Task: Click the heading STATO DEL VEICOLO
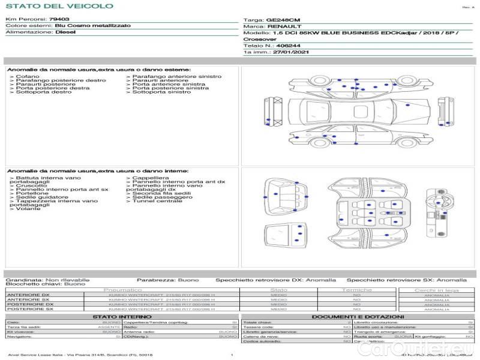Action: tap(59, 6)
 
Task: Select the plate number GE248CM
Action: tap(283, 20)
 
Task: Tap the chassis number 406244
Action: tap(289, 45)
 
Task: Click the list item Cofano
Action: tap(28, 77)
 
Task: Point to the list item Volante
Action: tap(28, 208)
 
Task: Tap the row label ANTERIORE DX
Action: tap(28, 295)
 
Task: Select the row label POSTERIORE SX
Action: tap(29, 310)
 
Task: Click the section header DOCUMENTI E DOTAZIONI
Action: tap(358, 316)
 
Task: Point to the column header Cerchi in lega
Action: tap(436, 290)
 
